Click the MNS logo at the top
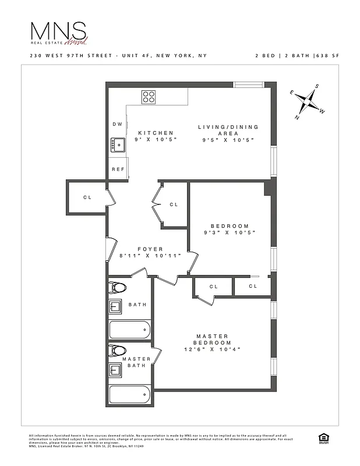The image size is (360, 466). click(58, 33)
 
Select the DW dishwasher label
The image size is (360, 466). click(117, 124)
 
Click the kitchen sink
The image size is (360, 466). click(118, 144)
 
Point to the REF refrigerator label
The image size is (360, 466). click(118, 169)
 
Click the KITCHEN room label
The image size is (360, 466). click(156, 133)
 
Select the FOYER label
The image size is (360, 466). click(150, 249)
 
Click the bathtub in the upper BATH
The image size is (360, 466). click(130, 329)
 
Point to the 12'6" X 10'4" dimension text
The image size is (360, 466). click(212, 349)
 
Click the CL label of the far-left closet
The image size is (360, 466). click(87, 197)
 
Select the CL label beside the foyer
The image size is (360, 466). click(174, 204)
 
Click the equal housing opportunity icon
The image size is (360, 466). click(322, 439)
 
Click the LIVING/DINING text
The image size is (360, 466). click(228, 127)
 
